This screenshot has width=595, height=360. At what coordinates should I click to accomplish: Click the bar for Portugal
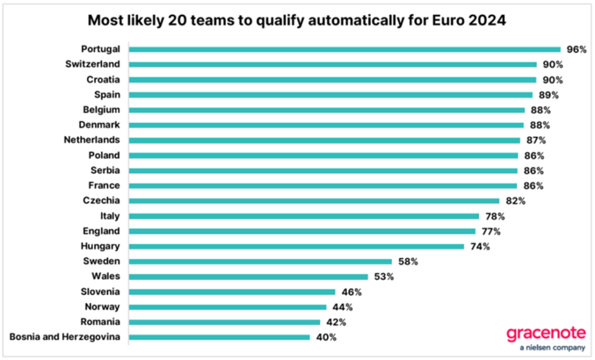coord(344,49)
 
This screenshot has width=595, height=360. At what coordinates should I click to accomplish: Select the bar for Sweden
coord(260,261)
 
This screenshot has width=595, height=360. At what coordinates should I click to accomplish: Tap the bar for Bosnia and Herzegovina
coord(219,337)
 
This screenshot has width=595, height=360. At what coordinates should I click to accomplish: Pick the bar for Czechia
coord(314,201)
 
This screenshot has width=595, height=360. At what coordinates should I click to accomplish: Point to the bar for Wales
coord(248,276)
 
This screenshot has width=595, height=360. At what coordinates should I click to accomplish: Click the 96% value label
coord(577,49)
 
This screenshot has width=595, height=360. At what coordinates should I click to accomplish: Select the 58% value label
coord(408,261)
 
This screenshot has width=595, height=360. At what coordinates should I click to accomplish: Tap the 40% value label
coord(326,337)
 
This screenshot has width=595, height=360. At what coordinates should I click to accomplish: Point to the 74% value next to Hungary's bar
coord(480,246)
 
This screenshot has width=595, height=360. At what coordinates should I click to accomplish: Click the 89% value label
coord(549,95)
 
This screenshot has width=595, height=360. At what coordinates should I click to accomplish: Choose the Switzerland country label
coord(93,64)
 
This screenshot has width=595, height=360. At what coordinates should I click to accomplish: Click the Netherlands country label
coord(92,140)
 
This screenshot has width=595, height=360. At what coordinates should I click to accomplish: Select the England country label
coord(102,231)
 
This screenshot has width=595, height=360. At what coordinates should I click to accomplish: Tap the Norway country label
coord(103,307)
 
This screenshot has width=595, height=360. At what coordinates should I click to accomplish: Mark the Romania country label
coord(101,322)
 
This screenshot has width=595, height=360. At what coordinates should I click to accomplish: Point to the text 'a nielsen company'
coord(545,348)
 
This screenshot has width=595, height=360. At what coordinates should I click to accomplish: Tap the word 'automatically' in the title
coord(349,21)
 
